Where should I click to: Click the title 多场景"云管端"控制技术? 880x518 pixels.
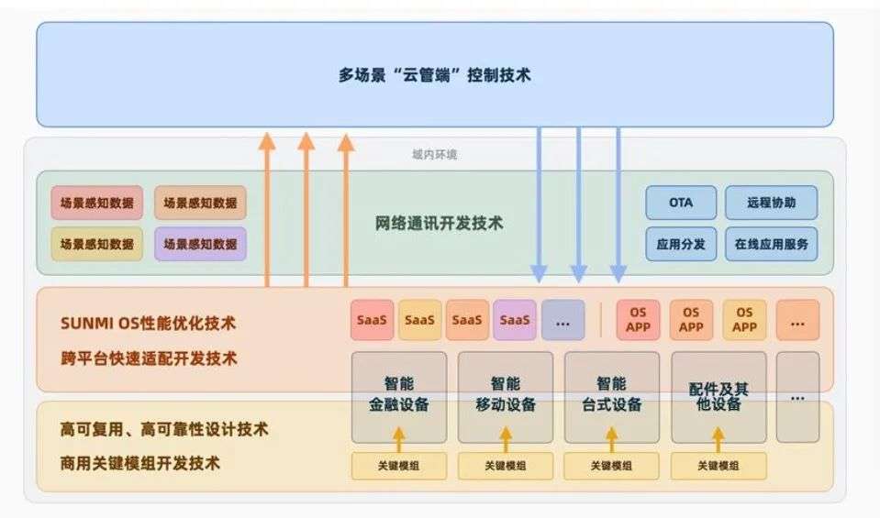click(434, 74)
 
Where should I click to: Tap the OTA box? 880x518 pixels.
click(681, 203)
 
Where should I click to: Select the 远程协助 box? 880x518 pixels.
click(771, 203)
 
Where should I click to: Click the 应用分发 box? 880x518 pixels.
click(681, 244)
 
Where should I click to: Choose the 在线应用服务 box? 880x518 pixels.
click(771, 244)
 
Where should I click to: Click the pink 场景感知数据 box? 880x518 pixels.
click(96, 203)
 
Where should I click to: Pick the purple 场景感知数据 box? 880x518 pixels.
click(200, 244)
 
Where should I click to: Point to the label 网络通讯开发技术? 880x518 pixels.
click(439, 223)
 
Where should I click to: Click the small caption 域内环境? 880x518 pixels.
click(434, 154)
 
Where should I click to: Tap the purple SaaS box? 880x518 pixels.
click(515, 320)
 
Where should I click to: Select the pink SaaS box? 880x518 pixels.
click(372, 320)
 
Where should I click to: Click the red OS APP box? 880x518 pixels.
click(638, 320)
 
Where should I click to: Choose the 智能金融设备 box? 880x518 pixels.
click(399, 397)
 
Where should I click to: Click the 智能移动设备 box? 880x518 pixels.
click(505, 397)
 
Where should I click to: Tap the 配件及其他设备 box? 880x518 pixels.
click(718, 397)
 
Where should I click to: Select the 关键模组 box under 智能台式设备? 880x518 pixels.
click(611, 466)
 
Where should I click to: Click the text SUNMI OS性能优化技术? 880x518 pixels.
click(148, 323)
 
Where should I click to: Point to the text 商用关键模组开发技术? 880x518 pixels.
click(139, 463)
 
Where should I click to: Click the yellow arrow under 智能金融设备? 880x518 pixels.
click(399, 439)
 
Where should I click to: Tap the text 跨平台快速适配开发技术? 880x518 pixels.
click(149, 358)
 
